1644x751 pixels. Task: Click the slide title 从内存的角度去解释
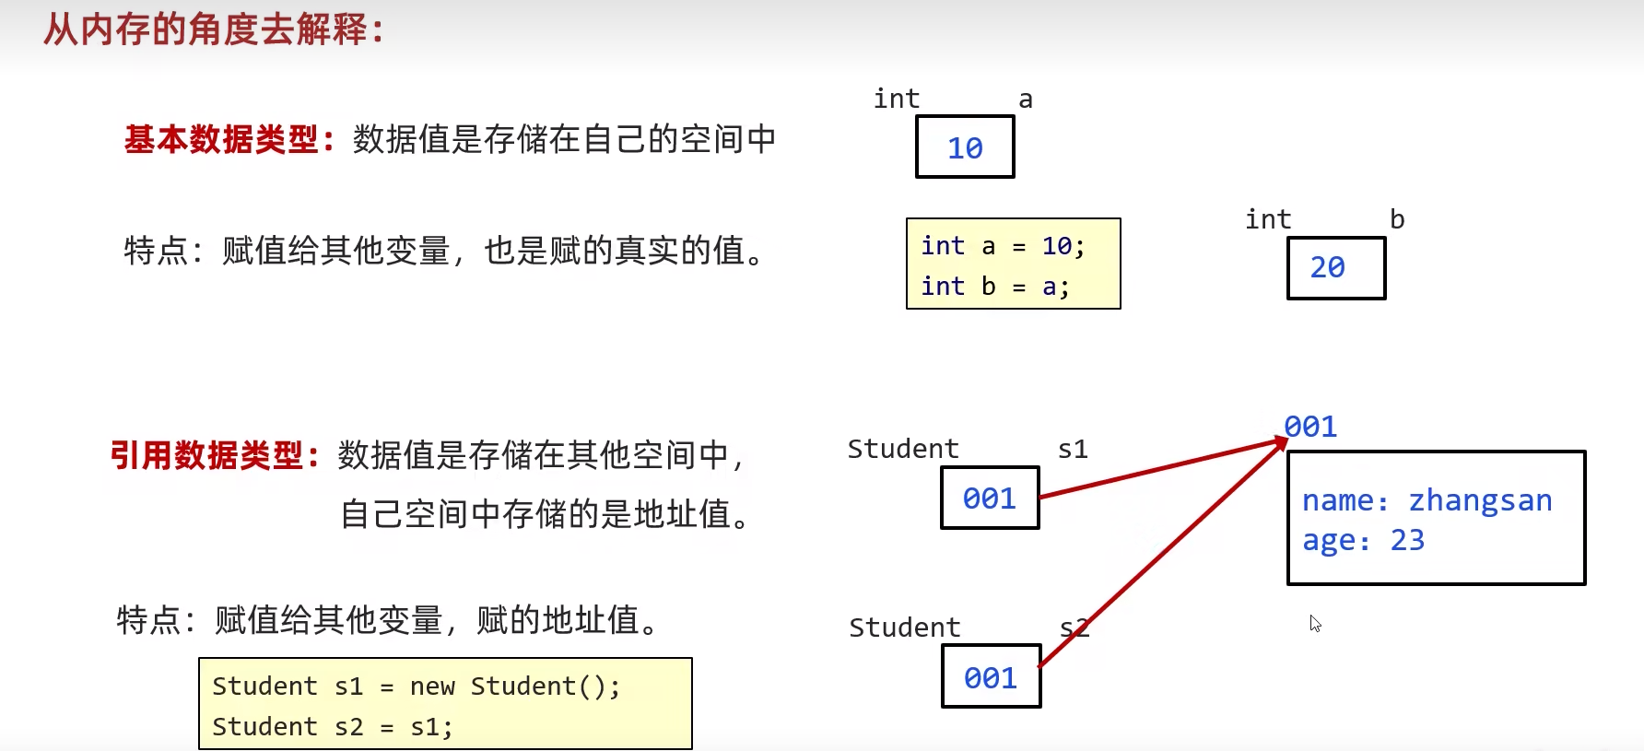[213, 30]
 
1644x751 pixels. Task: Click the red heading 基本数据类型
[221, 140]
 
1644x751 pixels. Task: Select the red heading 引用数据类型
[206, 455]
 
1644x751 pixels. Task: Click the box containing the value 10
[965, 147]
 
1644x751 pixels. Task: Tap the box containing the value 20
[1335, 268]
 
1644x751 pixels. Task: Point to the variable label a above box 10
[1025, 100]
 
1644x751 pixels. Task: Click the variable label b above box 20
[1397, 219]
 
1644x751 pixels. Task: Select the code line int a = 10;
[1003, 246]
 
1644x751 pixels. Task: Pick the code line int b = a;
[995, 287]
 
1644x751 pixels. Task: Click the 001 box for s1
[990, 499]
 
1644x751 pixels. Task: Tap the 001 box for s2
[991, 677]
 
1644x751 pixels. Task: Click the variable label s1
[1073, 450]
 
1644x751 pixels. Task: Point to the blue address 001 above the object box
[1310, 427]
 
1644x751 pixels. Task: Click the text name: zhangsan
[1427, 500]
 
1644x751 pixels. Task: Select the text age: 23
[1363, 541]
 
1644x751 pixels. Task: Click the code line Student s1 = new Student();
[416, 686]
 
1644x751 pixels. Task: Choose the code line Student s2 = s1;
[332, 727]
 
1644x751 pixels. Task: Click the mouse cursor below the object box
[1314, 623]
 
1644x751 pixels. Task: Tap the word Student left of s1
[903, 449]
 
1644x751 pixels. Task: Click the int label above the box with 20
[1268, 219]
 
